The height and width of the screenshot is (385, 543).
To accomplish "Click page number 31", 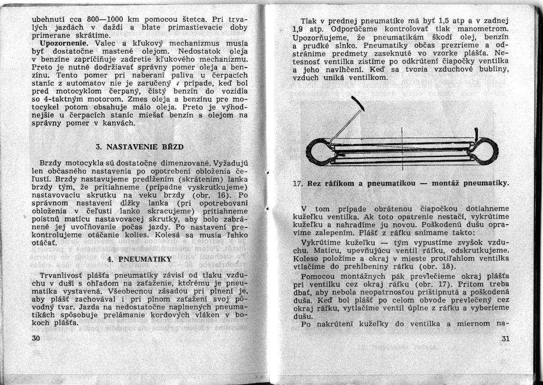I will [505, 339].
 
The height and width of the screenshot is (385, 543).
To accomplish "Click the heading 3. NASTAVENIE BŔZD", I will [140, 147].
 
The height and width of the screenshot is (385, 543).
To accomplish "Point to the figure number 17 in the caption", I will [297, 184].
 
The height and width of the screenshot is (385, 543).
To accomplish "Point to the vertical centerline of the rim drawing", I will [402, 149].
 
